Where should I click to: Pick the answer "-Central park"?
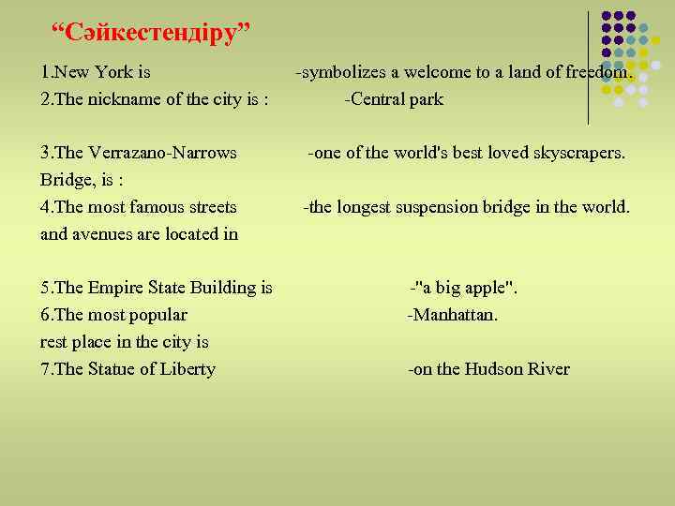(x=394, y=99)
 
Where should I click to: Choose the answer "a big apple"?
(x=467, y=288)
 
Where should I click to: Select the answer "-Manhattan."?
(x=452, y=315)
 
